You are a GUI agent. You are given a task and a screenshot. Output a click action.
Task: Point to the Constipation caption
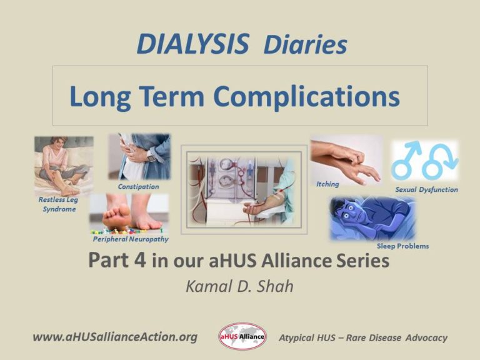coord(138,186)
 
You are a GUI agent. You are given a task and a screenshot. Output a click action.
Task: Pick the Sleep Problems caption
coord(402,246)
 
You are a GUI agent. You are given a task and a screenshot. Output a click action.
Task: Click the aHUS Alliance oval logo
coord(242,337)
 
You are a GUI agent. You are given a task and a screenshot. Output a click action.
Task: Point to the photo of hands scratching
coord(346,159)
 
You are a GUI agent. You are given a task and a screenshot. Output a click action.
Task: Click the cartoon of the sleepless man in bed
coord(372,218)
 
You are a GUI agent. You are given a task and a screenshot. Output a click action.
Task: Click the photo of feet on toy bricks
coord(129,214)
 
